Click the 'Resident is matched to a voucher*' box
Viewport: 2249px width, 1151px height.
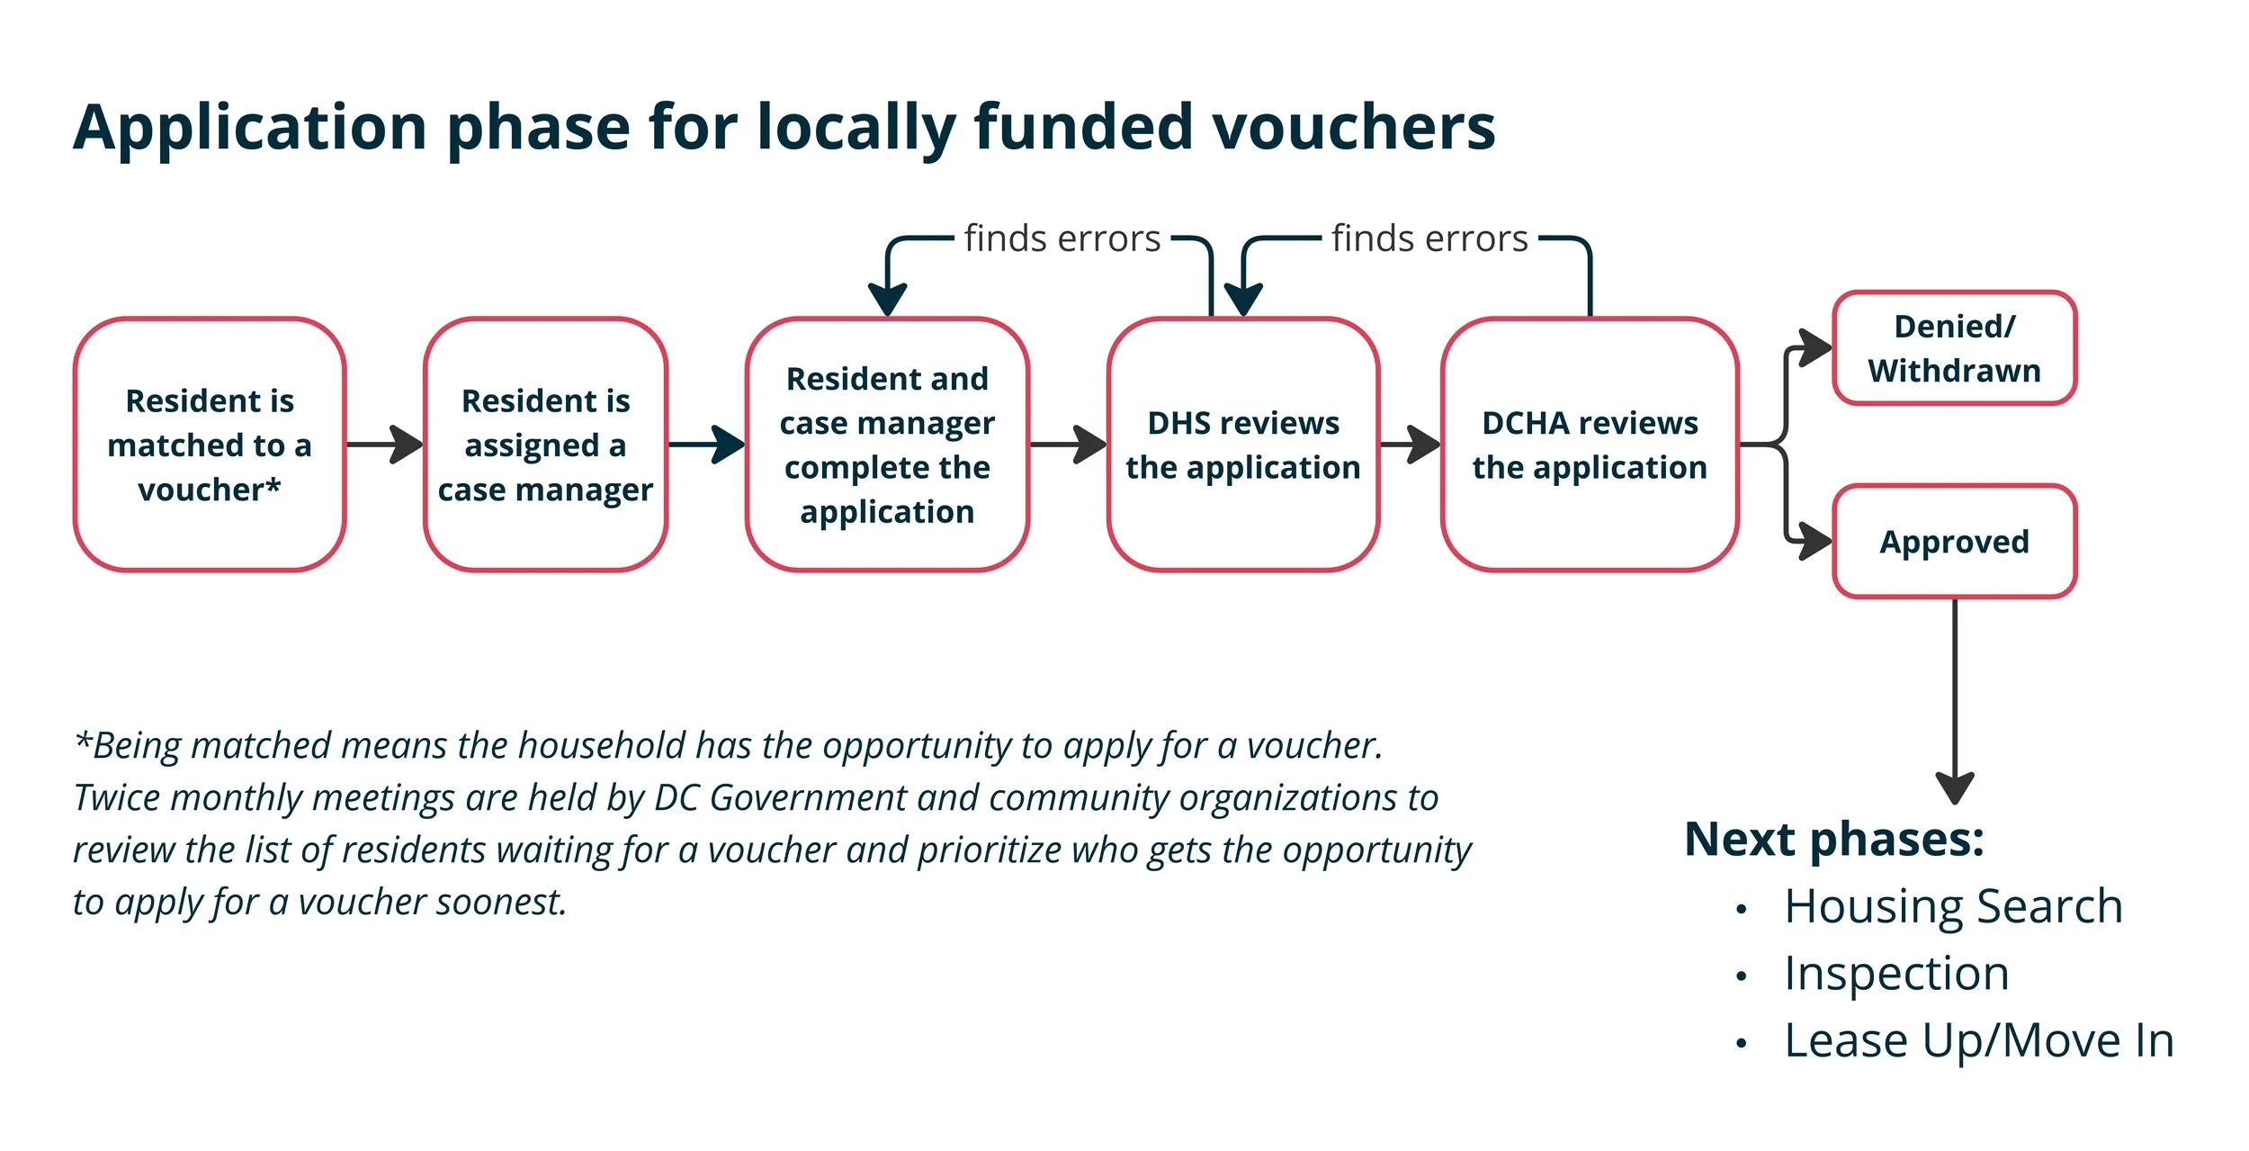pyautogui.click(x=209, y=444)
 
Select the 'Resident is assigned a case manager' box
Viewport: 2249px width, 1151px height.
pyautogui.click(x=545, y=444)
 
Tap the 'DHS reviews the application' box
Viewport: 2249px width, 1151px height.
pyautogui.click(x=1242, y=444)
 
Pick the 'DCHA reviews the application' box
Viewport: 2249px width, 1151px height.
pyautogui.click(x=1589, y=444)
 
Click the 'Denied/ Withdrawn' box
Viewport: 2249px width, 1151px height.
pyautogui.click(x=1954, y=347)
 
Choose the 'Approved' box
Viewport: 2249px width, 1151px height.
pyautogui.click(x=1954, y=541)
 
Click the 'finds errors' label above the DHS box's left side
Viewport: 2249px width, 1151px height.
pyautogui.click(x=1062, y=238)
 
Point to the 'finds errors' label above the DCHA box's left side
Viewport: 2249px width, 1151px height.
pyautogui.click(x=1429, y=238)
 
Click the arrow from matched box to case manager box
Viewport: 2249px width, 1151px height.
pyautogui.click(x=385, y=444)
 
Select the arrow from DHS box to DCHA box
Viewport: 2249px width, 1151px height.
pyautogui.click(x=1411, y=444)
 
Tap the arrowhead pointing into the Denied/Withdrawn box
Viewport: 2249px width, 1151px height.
pyautogui.click(x=1814, y=347)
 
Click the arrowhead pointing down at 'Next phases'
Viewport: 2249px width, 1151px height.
pyautogui.click(x=1954, y=787)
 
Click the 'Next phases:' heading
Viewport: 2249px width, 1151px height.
pyautogui.click(x=1833, y=839)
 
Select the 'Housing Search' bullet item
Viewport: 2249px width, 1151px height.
pyautogui.click(x=1953, y=905)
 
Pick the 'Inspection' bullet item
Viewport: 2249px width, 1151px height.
pyautogui.click(x=1896, y=973)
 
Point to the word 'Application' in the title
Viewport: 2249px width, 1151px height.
pyautogui.click(x=250, y=128)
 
